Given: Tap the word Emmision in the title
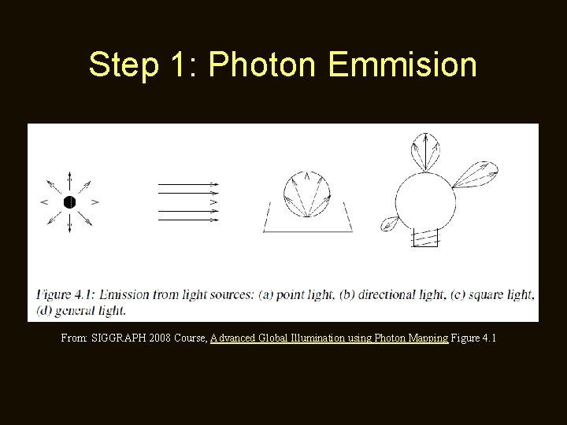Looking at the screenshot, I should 402,65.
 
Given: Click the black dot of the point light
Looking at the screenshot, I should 69,201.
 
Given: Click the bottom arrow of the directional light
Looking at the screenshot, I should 189,220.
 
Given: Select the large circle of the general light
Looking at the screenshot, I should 425,201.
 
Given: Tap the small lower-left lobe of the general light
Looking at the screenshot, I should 389,225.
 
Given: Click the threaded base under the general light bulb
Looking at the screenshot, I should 424,237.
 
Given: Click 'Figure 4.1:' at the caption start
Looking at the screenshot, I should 66,295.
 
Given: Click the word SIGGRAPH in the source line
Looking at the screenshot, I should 118,338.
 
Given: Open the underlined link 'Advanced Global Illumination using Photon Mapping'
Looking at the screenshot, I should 329,338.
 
